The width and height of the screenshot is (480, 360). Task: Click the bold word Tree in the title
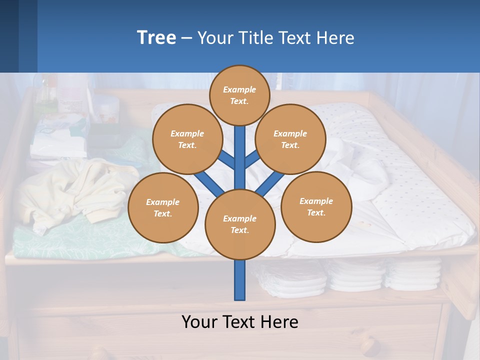click(x=156, y=37)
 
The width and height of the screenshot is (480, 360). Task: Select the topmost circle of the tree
click(x=239, y=95)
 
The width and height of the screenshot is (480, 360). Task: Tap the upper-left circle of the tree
click(x=187, y=139)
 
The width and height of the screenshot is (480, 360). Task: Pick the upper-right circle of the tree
click(x=290, y=139)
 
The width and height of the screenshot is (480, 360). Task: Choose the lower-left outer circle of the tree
click(x=163, y=207)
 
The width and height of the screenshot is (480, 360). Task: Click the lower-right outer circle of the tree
click(x=316, y=206)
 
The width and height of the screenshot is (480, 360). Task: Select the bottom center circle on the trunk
click(x=240, y=224)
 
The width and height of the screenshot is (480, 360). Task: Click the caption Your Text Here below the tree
click(x=240, y=321)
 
